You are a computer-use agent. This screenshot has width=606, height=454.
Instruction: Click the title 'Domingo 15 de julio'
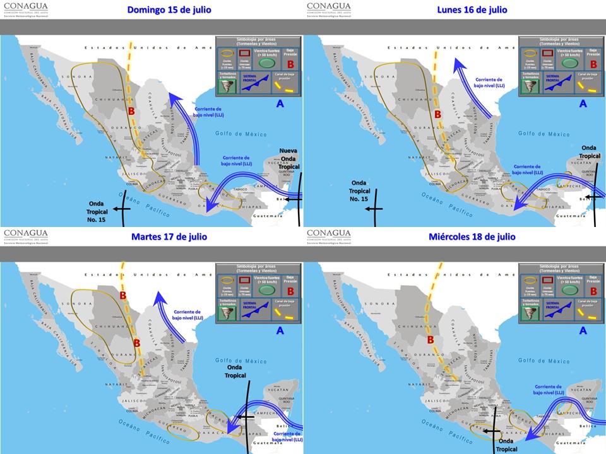click(169, 9)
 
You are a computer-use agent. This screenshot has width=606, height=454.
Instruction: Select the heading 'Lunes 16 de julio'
click(472, 9)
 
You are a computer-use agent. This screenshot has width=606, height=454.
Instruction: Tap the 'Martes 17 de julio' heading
click(169, 236)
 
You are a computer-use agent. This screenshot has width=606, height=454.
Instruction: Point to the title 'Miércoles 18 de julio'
click(472, 236)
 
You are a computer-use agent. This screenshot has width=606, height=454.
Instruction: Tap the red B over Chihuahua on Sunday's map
click(131, 112)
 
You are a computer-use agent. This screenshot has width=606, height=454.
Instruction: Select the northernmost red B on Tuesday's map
click(123, 294)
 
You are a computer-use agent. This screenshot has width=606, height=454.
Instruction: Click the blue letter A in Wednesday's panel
click(583, 330)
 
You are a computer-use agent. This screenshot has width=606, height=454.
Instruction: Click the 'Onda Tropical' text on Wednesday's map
click(509, 445)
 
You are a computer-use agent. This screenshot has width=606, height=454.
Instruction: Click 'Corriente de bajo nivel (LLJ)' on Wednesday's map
click(548, 390)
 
